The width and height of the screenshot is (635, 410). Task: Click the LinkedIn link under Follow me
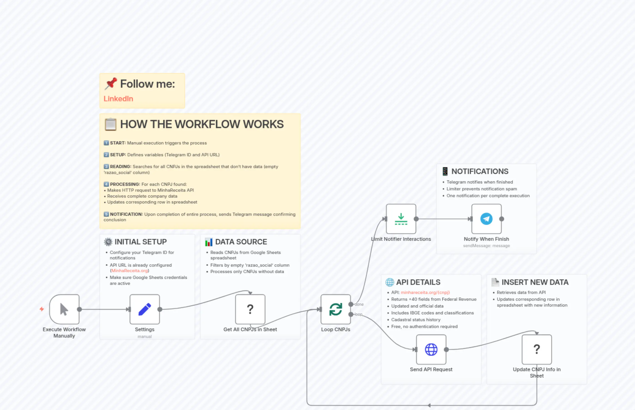pyautogui.click(x=118, y=99)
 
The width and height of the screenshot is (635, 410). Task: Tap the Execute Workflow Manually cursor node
pyautogui.click(x=64, y=309)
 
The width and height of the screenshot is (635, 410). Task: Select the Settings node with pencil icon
pyautogui.click(x=145, y=309)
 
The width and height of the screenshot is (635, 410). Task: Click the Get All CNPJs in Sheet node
pyautogui.click(x=250, y=309)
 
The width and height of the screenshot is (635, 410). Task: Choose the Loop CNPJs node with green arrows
pyautogui.click(x=335, y=309)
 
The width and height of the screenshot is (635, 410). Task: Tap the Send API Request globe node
pyautogui.click(x=431, y=350)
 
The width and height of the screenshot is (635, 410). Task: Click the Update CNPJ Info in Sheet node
pyautogui.click(x=536, y=350)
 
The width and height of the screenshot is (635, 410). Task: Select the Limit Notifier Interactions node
pyautogui.click(x=401, y=219)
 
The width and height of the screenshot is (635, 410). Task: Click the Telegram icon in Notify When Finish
pyautogui.click(x=486, y=219)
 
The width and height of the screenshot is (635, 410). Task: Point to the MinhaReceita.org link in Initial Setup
pyautogui.click(x=130, y=271)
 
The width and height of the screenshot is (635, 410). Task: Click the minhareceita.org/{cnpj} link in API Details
pyautogui.click(x=425, y=292)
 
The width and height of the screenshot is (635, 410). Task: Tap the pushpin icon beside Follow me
pyautogui.click(x=110, y=84)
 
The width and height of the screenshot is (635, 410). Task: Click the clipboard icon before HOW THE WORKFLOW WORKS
pyautogui.click(x=110, y=124)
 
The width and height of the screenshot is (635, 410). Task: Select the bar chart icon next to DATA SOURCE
pyautogui.click(x=209, y=242)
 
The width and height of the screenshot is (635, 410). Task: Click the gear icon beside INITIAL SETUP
pyautogui.click(x=108, y=242)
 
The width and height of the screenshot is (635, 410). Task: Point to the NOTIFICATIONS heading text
pyautogui.click(x=480, y=171)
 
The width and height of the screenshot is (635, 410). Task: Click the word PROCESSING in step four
pyautogui.click(x=125, y=184)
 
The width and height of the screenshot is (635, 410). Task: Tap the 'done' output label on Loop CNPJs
pyautogui.click(x=359, y=304)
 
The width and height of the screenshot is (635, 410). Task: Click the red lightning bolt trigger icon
pyautogui.click(x=42, y=309)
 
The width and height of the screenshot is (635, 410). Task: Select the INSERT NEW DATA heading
pyautogui.click(x=535, y=282)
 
